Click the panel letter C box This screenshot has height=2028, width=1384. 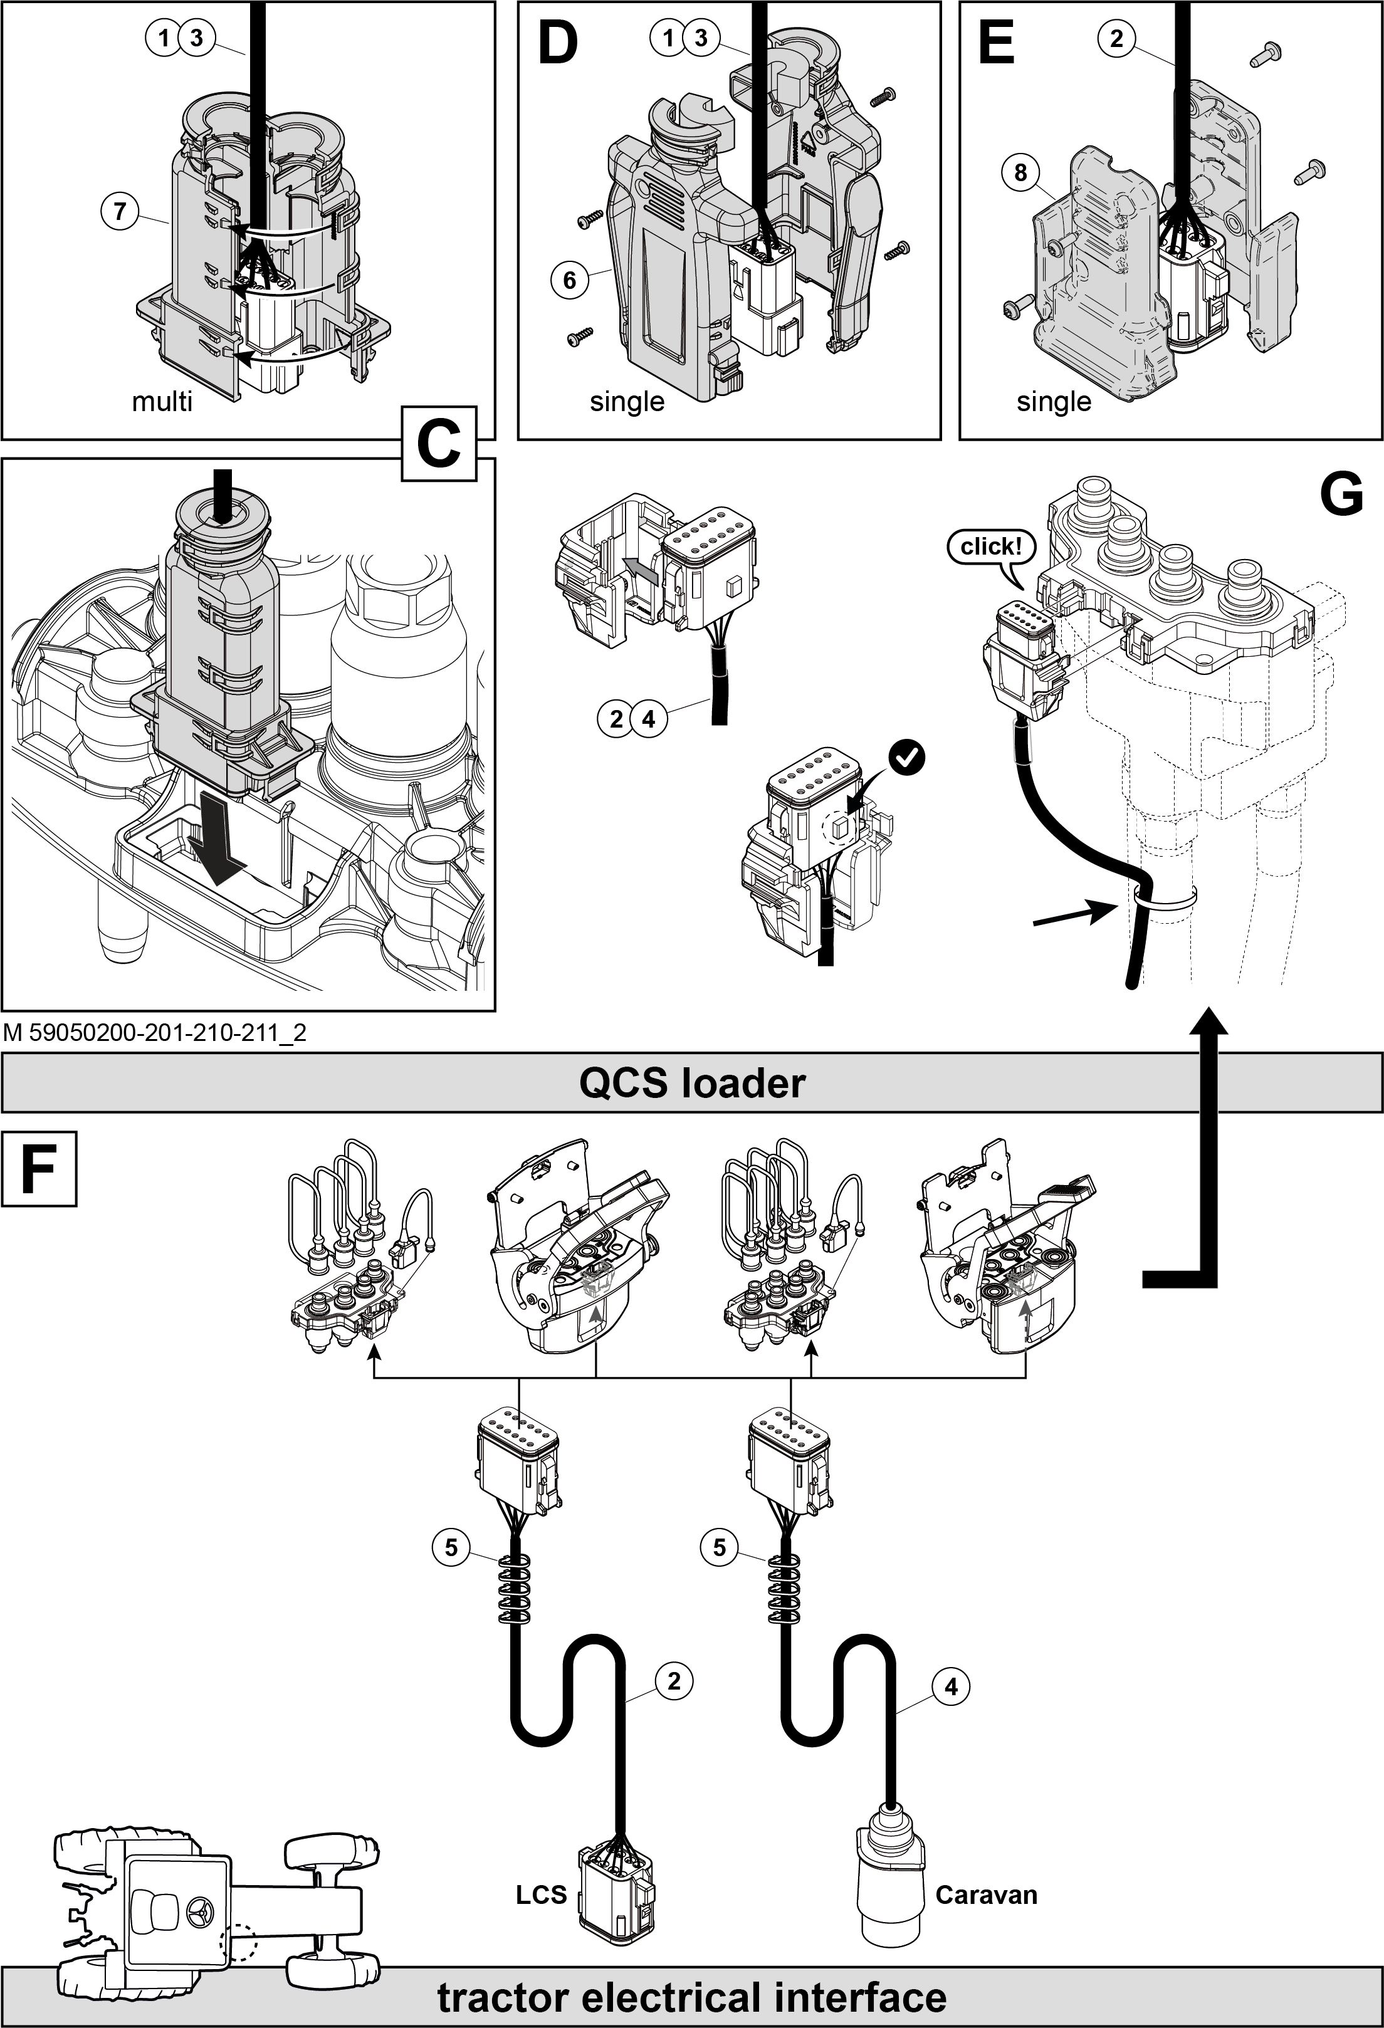pyautogui.click(x=439, y=444)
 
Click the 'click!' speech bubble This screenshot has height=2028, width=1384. pyautogui.click(x=990, y=547)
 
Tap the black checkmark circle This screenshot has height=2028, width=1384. pyautogui.click(x=908, y=758)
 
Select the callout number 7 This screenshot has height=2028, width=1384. pyautogui.click(x=120, y=211)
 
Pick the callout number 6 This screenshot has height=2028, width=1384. pyautogui.click(x=569, y=280)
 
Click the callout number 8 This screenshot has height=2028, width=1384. pyautogui.click(x=1020, y=173)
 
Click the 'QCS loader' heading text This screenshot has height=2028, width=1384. pyautogui.click(x=692, y=1083)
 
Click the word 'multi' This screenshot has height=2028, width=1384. pyautogui.click(x=162, y=402)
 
